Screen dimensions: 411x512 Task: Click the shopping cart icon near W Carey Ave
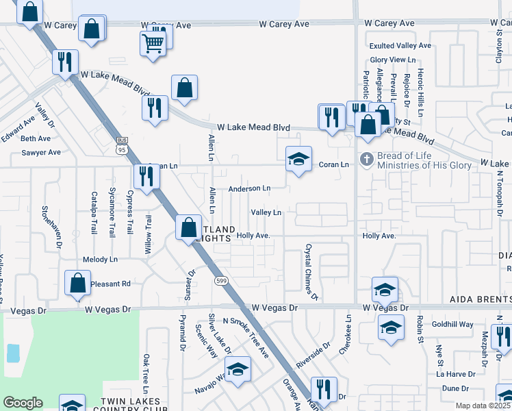tap(153, 44)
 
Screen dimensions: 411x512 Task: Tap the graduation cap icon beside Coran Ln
tap(298, 160)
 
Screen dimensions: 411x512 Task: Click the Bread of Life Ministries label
tap(424, 160)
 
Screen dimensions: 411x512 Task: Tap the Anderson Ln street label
tap(249, 188)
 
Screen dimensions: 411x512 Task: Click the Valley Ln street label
tap(266, 213)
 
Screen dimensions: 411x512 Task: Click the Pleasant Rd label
tap(111, 283)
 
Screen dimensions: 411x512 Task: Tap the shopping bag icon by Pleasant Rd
tap(78, 284)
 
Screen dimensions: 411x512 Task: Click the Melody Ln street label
tap(100, 260)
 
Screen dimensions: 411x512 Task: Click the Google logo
tap(23, 403)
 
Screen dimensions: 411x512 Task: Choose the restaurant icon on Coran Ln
tap(146, 176)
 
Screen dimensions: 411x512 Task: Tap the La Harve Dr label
tap(456, 374)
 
